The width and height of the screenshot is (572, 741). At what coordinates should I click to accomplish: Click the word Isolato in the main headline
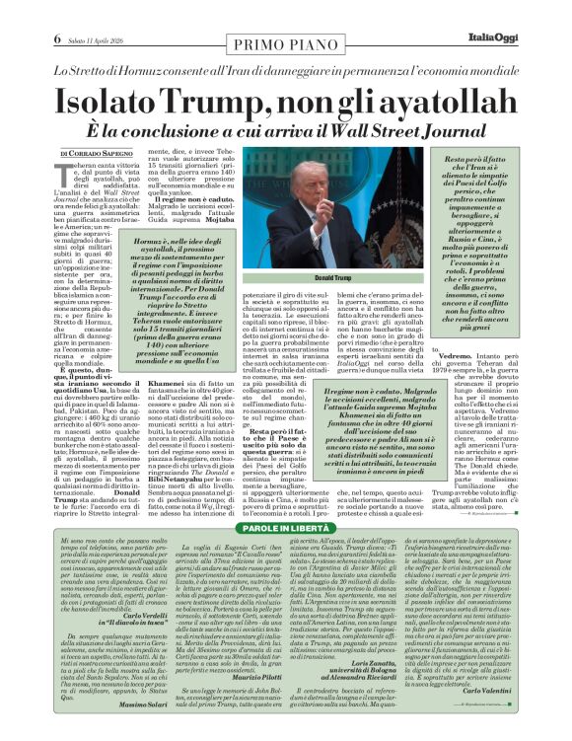[109, 102]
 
